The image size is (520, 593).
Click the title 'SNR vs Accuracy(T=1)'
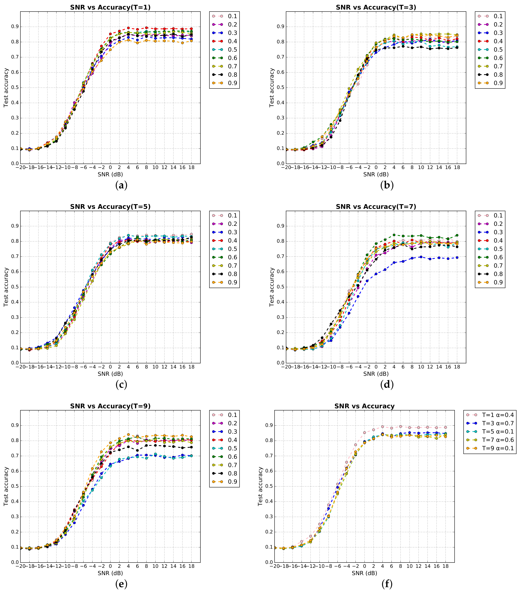click(110, 7)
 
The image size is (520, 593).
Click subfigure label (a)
click(121, 185)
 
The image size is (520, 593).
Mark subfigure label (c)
click(121, 385)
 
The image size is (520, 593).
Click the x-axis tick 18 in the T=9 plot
click(191, 566)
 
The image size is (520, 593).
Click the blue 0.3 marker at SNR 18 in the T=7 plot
click(457, 257)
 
